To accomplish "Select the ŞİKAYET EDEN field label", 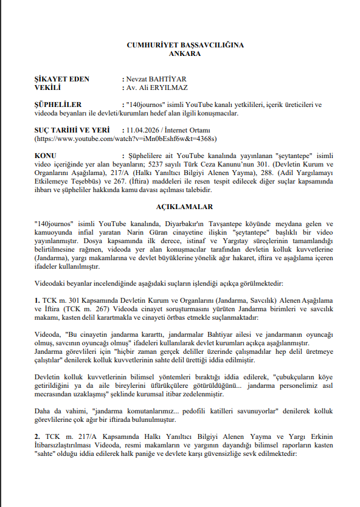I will [62, 79].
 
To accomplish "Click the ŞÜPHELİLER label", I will [58, 105].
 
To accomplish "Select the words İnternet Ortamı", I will [191, 130].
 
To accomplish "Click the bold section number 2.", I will [38, 436].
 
